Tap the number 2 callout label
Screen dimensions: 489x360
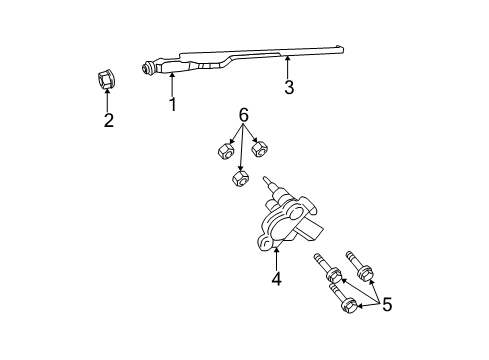[x=109, y=121]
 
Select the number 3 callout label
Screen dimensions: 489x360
[x=288, y=88]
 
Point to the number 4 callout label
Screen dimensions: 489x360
[x=275, y=279]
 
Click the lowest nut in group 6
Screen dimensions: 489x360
[x=240, y=179]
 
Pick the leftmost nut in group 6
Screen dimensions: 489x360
[x=224, y=151]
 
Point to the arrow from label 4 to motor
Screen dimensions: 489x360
[x=275, y=255]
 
